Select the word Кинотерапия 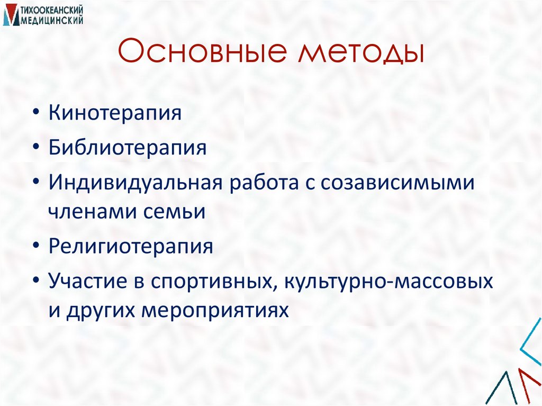click(115, 113)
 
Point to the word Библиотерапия click(128, 147)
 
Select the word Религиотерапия click(131, 246)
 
